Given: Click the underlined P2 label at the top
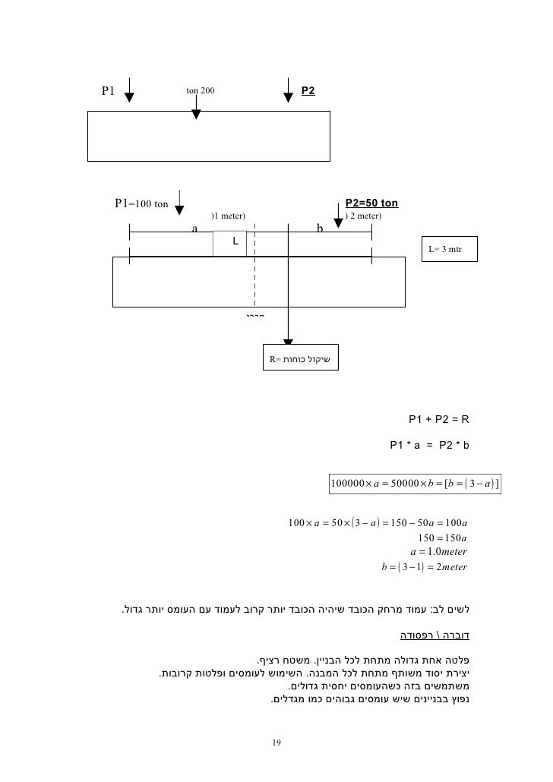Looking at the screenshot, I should [308, 90].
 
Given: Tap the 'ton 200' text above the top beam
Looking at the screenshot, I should [201, 90].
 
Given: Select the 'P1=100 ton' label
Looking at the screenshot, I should [141, 203].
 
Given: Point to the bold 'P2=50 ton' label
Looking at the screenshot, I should [371, 203].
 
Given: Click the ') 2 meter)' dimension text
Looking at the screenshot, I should [363, 216].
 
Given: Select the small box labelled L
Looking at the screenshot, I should [229, 243].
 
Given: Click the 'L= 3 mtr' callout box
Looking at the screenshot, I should [450, 249].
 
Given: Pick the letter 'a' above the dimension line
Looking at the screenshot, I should [194, 227].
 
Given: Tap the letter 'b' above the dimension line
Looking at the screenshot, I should [320, 227].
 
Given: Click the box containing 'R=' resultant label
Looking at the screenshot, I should [302, 358].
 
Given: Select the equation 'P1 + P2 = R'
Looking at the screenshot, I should [440, 418].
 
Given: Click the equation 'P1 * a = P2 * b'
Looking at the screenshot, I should [430, 446].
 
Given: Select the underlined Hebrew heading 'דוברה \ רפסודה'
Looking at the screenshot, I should [435, 632].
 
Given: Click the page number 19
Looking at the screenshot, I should [276, 742].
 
